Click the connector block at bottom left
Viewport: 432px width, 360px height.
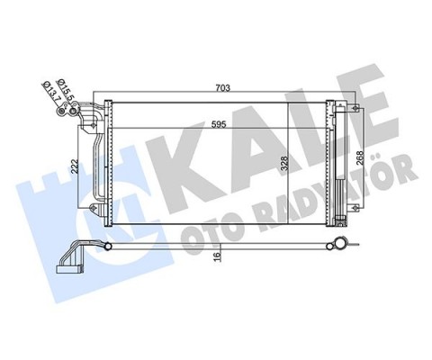[68, 263]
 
